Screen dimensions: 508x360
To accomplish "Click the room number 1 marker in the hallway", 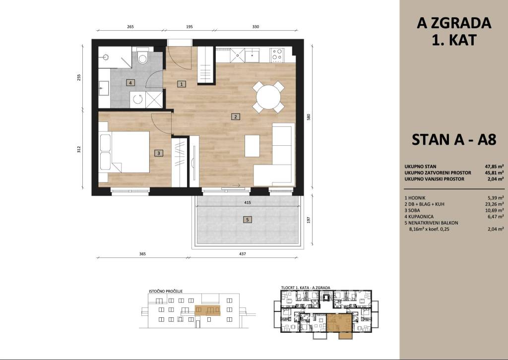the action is click(182, 84).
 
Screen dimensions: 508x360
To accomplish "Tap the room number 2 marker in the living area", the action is click(236, 117).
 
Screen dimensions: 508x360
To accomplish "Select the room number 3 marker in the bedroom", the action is click(158, 153).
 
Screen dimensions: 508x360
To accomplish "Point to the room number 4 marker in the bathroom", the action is click(130, 83).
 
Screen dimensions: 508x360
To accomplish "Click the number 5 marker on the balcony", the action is click(247, 220).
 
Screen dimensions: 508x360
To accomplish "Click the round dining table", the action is click(268, 97).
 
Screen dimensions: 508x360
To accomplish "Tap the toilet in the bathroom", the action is click(142, 57).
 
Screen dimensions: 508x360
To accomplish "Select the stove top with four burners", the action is click(277, 55).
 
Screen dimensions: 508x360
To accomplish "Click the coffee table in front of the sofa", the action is click(252, 146).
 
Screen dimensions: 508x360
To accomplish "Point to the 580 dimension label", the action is click(309, 117).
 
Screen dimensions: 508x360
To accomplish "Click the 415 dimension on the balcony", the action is click(248, 203).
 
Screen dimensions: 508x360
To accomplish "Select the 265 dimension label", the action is click(130, 27).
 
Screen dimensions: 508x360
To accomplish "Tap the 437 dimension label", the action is click(242, 254).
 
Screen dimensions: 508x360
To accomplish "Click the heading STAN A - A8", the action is click(454, 140).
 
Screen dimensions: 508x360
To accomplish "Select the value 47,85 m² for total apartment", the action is click(494, 167).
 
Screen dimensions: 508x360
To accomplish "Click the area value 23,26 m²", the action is click(494, 204).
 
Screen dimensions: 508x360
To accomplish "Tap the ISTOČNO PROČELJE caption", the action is click(166, 291).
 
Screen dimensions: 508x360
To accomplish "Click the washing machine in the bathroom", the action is click(138, 99).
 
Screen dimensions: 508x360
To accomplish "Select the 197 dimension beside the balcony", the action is click(309, 220).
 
